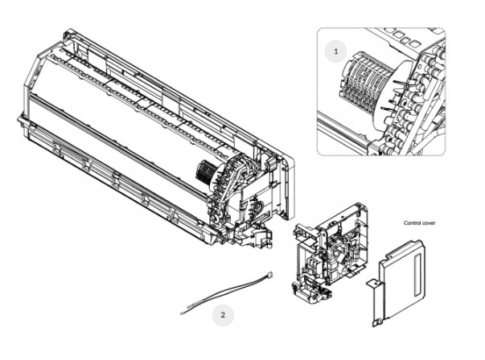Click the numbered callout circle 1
point(336,51)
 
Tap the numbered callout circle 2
point(223,315)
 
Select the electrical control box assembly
point(330,253)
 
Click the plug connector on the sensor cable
point(270,274)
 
